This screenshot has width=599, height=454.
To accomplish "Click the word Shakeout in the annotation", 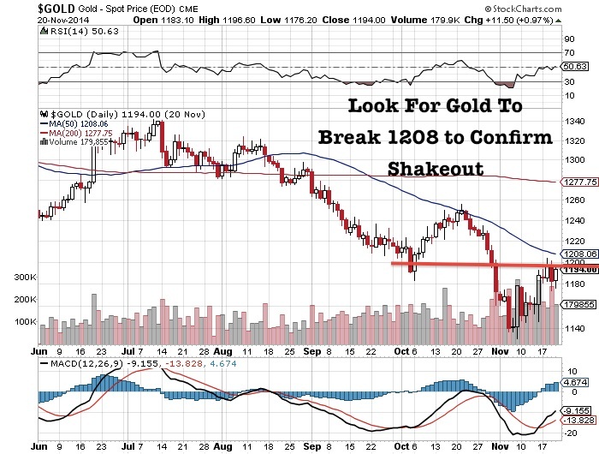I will (x=435, y=168).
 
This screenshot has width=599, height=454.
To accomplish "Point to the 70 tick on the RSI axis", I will (x=567, y=53).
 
